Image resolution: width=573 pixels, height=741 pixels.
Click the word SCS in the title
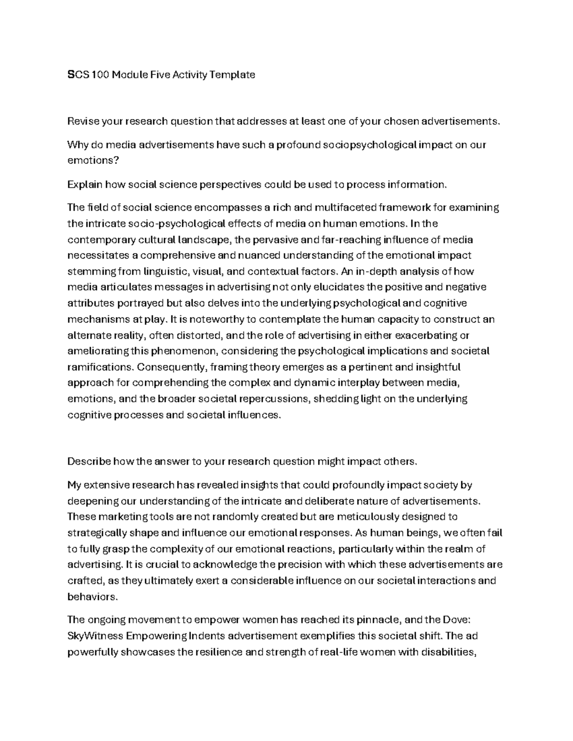point(78,74)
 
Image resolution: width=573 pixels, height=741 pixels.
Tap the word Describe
point(89,461)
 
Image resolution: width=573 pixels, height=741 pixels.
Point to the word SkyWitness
point(95,636)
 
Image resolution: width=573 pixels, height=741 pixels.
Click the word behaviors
point(92,597)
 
